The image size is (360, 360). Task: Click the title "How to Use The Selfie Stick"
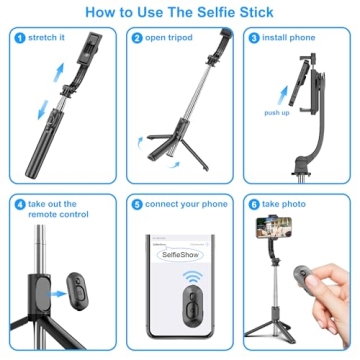[180, 13]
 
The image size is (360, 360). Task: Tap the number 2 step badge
[137, 38]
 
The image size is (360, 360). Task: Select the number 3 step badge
[254, 38]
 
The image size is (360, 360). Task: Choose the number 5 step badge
[137, 204]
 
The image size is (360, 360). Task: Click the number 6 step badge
[254, 204]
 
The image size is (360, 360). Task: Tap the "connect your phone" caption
[185, 204]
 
